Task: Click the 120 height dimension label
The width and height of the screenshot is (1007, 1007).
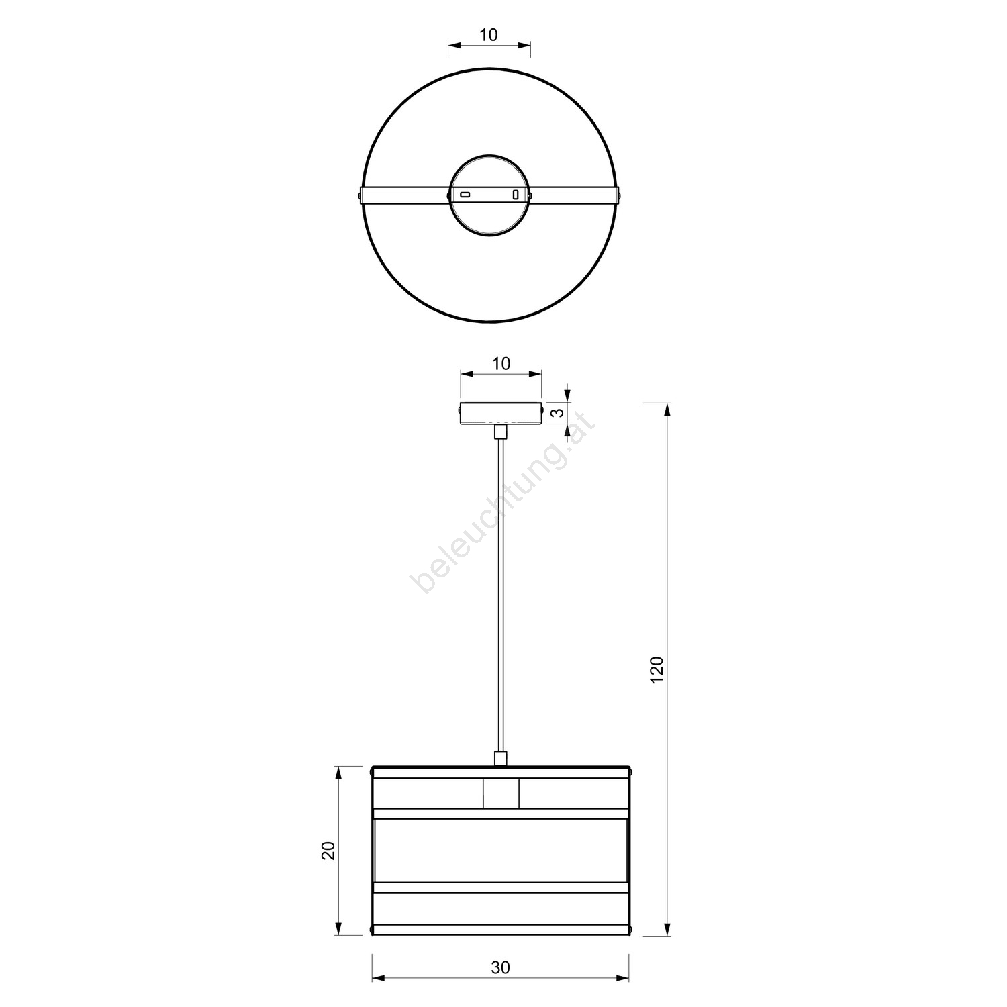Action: (x=657, y=669)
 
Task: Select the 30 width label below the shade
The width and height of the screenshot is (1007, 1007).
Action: (x=500, y=967)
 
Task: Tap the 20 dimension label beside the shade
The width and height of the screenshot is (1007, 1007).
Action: (x=328, y=851)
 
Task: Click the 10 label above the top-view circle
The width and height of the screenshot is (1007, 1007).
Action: (x=489, y=34)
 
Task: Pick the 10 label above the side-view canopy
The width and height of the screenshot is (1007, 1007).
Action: (x=501, y=363)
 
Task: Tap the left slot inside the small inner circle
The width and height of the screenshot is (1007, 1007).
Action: (x=465, y=195)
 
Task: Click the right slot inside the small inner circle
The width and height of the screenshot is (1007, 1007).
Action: (x=516, y=195)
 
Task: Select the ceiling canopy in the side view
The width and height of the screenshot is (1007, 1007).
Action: (x=500, y=413)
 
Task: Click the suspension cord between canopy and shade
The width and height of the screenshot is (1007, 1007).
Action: (x=500, y=595)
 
